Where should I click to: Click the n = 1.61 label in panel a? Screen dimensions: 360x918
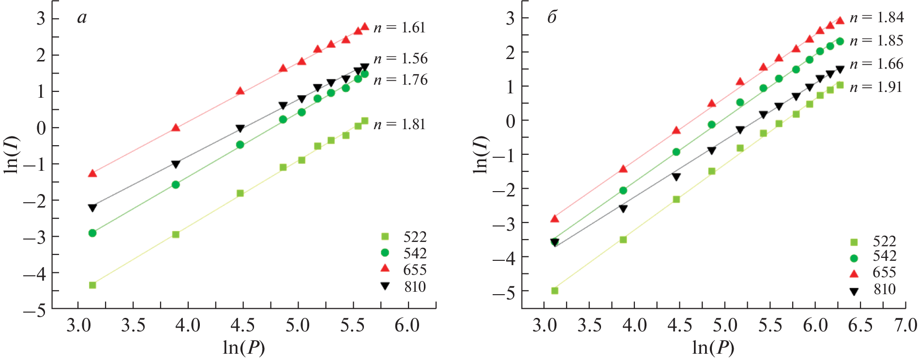click(x=400, y=28)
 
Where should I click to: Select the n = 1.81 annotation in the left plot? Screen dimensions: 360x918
click(x=400, y=124)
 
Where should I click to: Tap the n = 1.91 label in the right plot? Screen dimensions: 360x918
click(x=876, y=87)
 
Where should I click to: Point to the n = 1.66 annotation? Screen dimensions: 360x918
click(x=876, y=64)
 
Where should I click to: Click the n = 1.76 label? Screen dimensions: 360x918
click(x=401, y=80)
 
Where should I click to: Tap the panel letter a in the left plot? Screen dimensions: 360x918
click(x=82, y=18)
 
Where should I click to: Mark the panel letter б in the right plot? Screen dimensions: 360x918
click(x=552, y=17)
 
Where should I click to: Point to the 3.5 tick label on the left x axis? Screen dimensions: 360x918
click(x=133, y=325)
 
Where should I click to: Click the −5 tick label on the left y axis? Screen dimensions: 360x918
click(x=34, y=310)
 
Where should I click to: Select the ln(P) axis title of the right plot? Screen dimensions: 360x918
click(x=713, y=347)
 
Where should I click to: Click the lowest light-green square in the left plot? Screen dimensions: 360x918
click(x=92, y=285)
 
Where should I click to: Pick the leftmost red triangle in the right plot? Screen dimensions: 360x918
click(x=555, y=219)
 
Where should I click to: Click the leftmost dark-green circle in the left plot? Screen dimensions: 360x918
click(x=92, y=233)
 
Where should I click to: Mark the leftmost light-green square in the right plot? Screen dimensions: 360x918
click(x=555, y=291)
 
